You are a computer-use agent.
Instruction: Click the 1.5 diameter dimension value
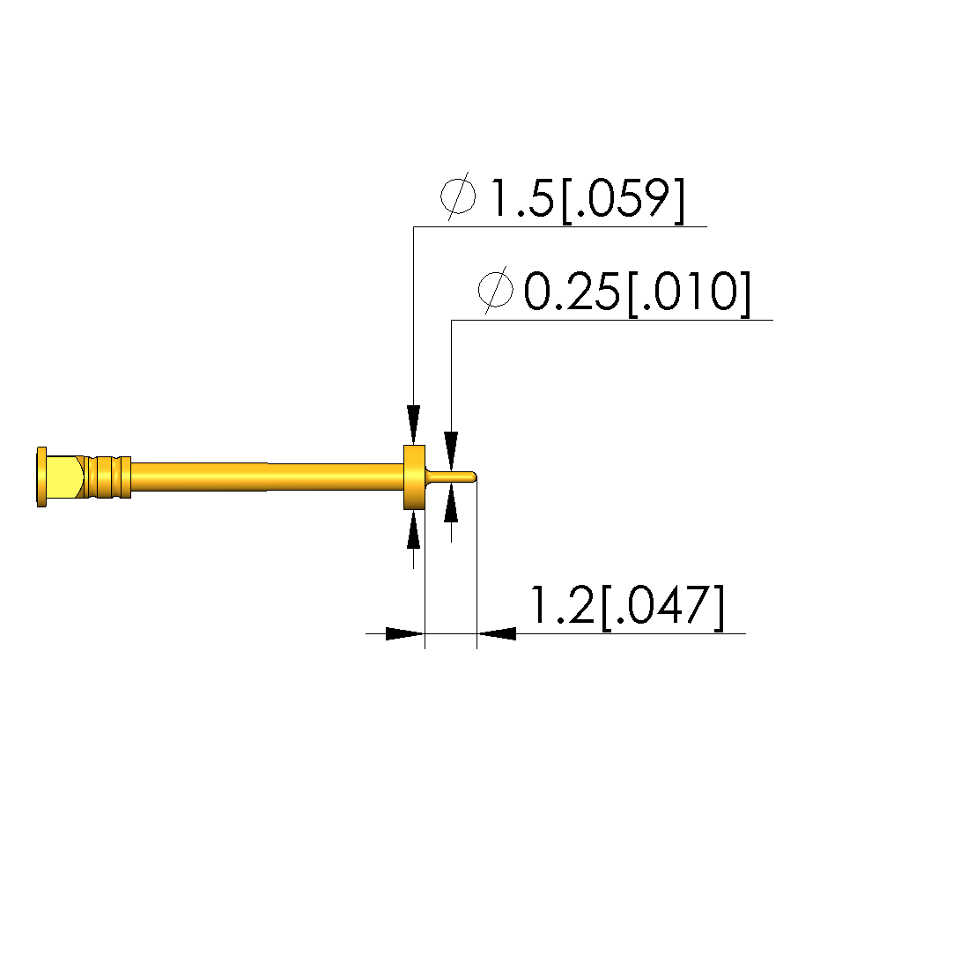521,198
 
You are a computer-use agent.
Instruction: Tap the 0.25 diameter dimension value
572,292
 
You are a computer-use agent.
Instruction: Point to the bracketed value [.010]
689,294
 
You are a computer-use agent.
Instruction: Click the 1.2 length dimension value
563,604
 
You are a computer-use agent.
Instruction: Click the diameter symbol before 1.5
458,196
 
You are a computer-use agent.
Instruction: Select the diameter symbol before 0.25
496,289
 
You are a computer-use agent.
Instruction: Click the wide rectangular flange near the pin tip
414,477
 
